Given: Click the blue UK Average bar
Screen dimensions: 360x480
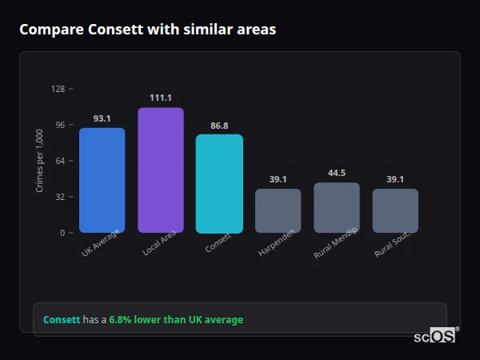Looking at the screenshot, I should click(102, 180).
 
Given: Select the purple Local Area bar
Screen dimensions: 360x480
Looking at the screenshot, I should click(161, 170).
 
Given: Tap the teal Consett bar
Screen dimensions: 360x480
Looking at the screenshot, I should click(219, 183).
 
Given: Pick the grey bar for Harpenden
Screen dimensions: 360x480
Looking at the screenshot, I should click(278, 210).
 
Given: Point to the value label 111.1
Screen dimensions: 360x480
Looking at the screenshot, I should click(161, 98).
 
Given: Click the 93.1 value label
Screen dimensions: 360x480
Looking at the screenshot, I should click(102, 118).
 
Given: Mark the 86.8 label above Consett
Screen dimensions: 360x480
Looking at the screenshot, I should click(219, 126).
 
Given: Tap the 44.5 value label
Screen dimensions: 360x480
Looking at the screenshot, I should click(337, 173).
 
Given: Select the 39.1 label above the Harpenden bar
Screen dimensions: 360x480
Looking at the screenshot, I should click(278, 179).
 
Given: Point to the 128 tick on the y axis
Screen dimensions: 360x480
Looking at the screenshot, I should click(58, 89).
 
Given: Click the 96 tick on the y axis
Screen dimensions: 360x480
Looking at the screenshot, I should click(59, 125).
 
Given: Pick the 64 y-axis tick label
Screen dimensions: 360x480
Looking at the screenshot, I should click(59, 161).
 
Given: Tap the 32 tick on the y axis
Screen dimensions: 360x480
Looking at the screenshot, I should click(59, 197).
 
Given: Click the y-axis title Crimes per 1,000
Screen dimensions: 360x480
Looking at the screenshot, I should click(40, 161).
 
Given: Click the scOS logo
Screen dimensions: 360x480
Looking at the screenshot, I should click(436, 336).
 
